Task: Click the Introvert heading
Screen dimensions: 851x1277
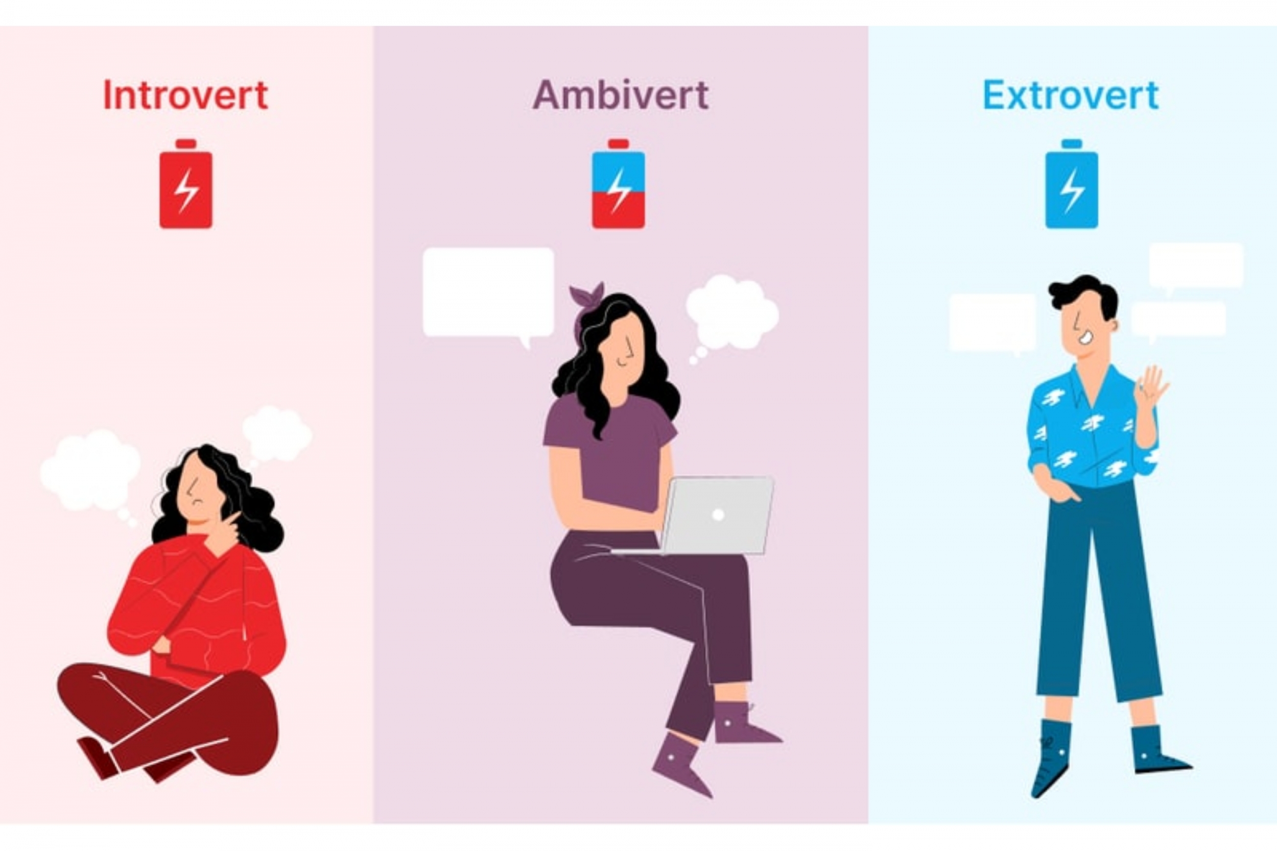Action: tap(186, 95)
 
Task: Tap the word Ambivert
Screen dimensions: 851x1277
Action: tap(621, 95)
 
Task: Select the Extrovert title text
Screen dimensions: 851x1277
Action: tap(1071, 95)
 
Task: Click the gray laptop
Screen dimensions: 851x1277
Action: tap(717, 516)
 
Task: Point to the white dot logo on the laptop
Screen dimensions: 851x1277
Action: tap(718, 515)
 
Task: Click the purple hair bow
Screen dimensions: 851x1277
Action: tap(586, 299)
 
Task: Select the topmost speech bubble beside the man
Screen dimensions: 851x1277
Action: tap(1196, 265)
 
